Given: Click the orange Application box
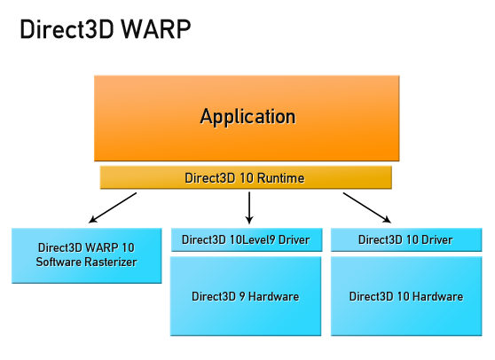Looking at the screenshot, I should tap(247, 117).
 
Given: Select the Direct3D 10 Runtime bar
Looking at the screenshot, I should tap(245, 178).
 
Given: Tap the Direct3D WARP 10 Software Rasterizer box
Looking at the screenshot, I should tap(86, 254).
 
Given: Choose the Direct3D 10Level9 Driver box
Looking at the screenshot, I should tap(246, 240).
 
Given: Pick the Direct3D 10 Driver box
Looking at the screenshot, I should tap(405, 240).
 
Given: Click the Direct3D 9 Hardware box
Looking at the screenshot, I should tap(246, 296).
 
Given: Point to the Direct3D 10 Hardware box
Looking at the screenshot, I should tap(405, 296).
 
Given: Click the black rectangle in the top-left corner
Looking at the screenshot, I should tap(106, 28).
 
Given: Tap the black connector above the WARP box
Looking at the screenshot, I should tap(113, 207).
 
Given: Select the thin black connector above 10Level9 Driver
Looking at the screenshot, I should tap(249, 207).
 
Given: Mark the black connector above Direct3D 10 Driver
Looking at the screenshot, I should tap(366, 207).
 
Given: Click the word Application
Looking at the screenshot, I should tap(247, 116).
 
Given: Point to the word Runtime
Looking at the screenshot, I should tap(279, 178).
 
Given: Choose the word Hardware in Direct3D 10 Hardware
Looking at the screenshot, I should tap(436, 296).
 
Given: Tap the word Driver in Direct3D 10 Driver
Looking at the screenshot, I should tap(436, 240).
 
